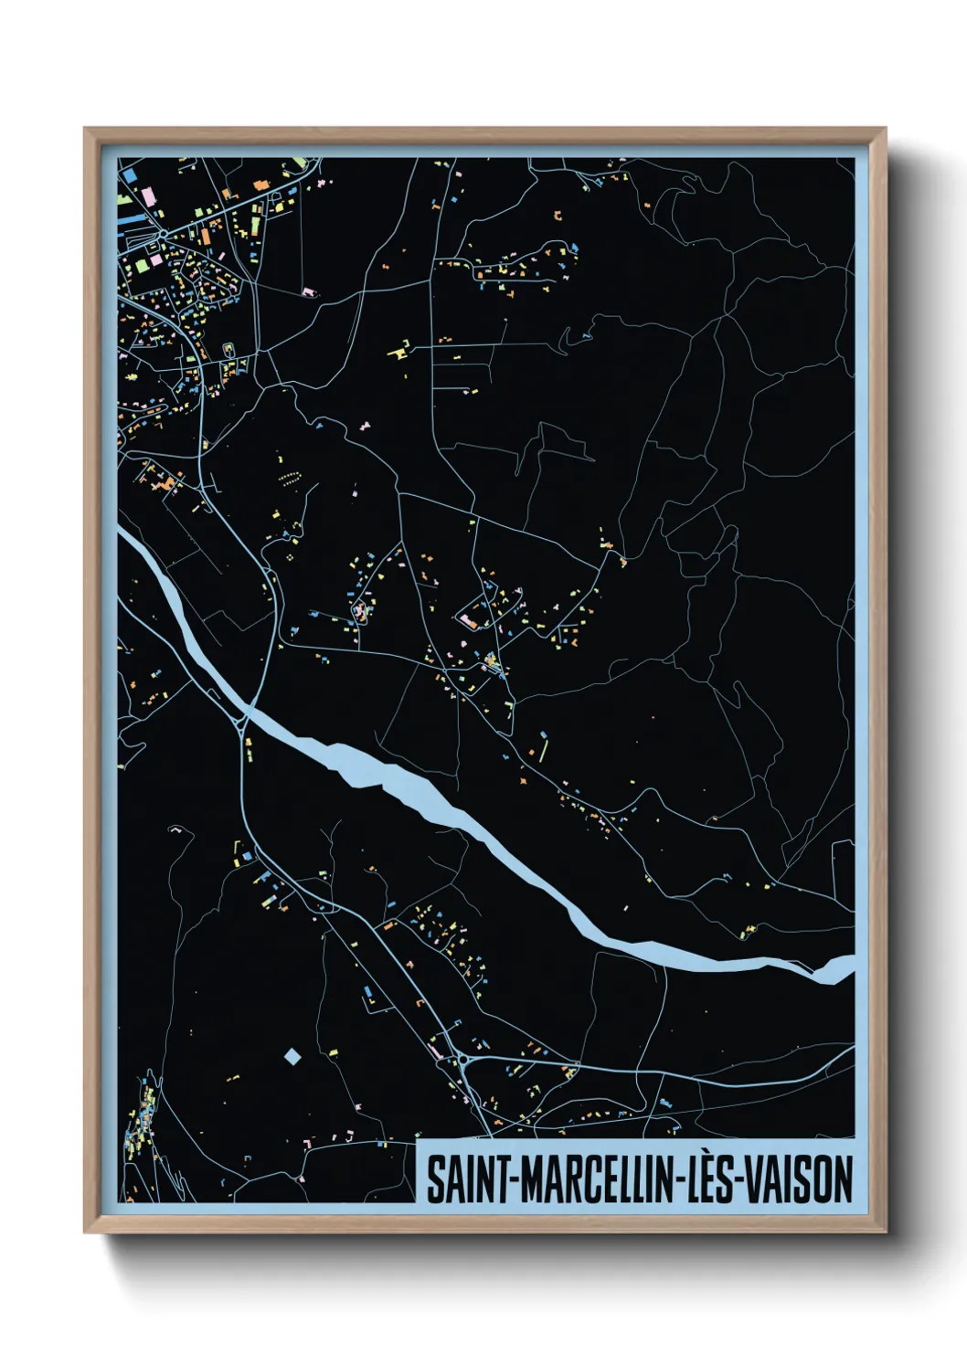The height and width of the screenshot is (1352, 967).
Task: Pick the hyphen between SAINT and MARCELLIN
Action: (514, 1181)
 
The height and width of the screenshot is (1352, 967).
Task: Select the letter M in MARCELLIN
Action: (535, 1180)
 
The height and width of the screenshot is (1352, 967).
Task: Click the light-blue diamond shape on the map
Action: (292, 1057)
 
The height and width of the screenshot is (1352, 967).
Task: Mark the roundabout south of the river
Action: (461, 1060)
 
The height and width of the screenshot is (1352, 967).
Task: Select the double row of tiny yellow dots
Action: (290, 479)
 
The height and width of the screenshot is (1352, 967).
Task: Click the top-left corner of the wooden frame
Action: (85, 130)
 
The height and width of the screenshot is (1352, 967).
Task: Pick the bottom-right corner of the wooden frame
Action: (885, 1231)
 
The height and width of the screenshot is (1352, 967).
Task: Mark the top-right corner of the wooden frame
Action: (885, 130)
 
